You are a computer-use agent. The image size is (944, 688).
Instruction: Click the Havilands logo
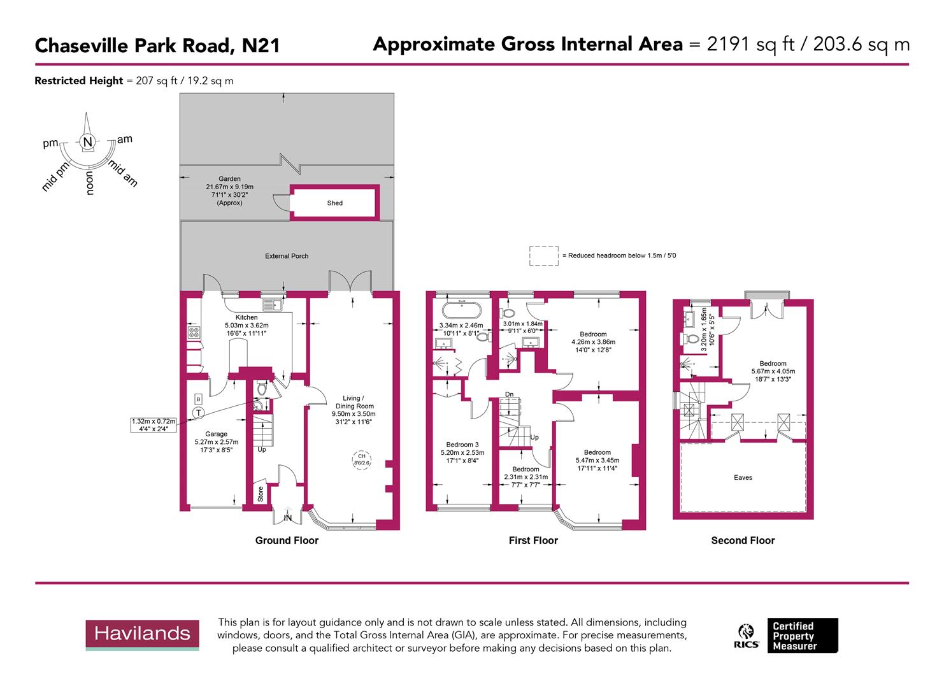coord(142,634)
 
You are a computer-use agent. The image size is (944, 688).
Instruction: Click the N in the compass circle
coord(88,141)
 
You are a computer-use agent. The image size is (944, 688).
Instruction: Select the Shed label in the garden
coord(334,203)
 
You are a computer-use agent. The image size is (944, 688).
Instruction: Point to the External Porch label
coord(287,256)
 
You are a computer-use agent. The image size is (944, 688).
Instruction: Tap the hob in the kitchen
coord(193,332)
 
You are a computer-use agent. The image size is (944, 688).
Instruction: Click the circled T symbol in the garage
coord(199,413)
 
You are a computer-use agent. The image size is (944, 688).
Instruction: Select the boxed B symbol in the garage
coord(198,399)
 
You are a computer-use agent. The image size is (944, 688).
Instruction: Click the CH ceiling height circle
coord(361,459)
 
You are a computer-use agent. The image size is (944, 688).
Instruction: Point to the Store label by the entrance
coord(261,494)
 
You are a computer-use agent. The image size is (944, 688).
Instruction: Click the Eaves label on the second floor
coord(743,477)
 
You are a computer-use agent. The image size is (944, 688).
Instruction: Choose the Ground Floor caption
coord(287,540)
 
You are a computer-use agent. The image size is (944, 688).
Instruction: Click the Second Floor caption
coord(743,540)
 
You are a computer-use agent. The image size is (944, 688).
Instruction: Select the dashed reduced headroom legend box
coord(543,255)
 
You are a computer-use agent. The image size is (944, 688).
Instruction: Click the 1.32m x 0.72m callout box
coord(153,426)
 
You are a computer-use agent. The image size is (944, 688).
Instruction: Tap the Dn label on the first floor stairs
coord(509,394)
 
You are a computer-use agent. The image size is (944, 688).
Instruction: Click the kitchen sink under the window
coord(274,305)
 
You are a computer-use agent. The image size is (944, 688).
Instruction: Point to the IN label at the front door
coord(287,518)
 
